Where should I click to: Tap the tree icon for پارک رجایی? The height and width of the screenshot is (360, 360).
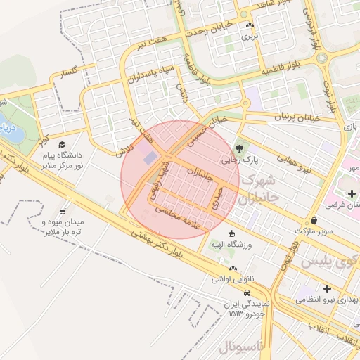click(240, 148)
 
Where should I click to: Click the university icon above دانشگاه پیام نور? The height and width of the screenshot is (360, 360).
click(70, 143)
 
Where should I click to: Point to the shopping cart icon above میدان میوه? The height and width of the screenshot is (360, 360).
click(63, 211)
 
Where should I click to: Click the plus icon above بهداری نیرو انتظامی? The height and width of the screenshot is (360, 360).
click(326, 288)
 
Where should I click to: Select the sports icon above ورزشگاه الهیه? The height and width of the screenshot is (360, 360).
click(232, 233)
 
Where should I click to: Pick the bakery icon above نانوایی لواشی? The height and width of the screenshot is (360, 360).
click(232, 269)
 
